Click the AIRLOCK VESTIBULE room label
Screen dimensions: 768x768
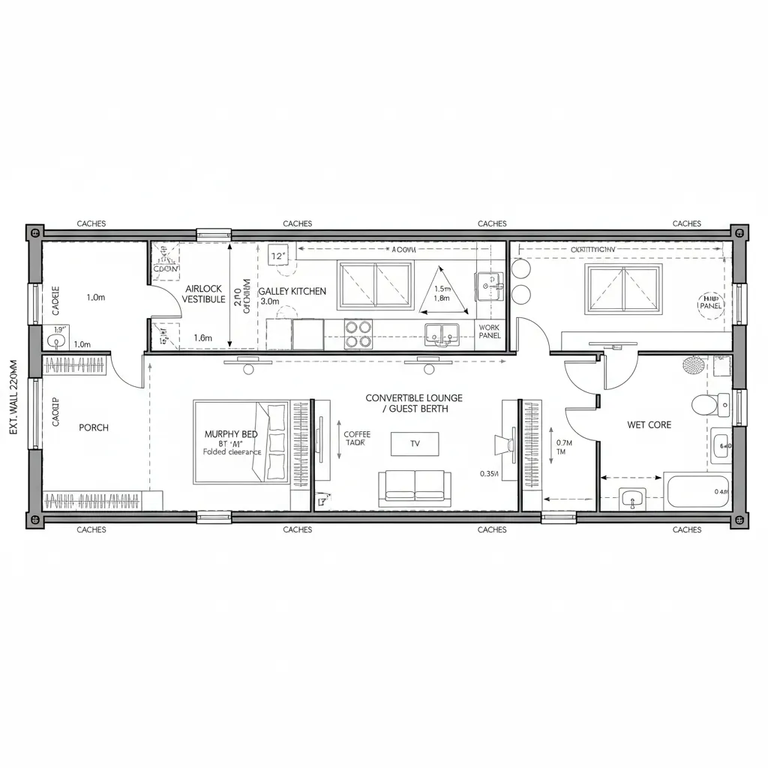tap(203, 293)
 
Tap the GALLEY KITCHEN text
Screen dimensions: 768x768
tap(292, 291)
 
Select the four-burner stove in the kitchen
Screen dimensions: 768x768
tap(358, 334)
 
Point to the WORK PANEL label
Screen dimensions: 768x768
tap(489, 331)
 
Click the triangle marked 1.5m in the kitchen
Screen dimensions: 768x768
tap(442, 292)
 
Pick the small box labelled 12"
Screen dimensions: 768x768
tap(279, 256)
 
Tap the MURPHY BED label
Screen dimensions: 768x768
tap(230, 434)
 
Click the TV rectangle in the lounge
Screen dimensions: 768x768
tap(415, 443)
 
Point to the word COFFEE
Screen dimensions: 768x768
tap(357, 434)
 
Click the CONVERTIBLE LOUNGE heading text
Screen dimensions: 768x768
tap(414, 398)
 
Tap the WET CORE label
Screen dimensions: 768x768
tap(649, 424)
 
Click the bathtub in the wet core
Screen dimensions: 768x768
tap(696, 492)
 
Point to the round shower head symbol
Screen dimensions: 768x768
tap(693, 365)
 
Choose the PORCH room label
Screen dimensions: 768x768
tap(94, 427)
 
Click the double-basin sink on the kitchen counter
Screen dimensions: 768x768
tap(442, 333)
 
